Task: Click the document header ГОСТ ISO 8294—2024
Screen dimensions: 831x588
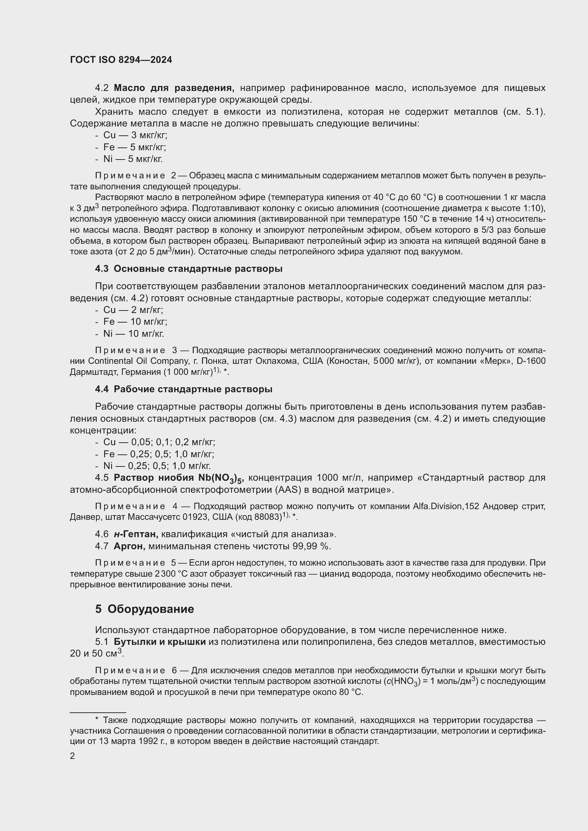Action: [121, 60]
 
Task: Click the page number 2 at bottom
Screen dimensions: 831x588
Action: [73, 756]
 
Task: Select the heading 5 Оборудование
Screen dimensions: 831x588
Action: [144, 609]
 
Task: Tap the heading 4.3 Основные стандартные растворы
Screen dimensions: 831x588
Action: [189, 269]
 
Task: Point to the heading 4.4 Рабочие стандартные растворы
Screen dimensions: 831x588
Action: [183, 389]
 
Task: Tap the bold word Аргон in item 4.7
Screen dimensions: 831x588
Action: [129, 546]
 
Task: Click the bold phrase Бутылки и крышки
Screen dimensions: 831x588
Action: [160, 642]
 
